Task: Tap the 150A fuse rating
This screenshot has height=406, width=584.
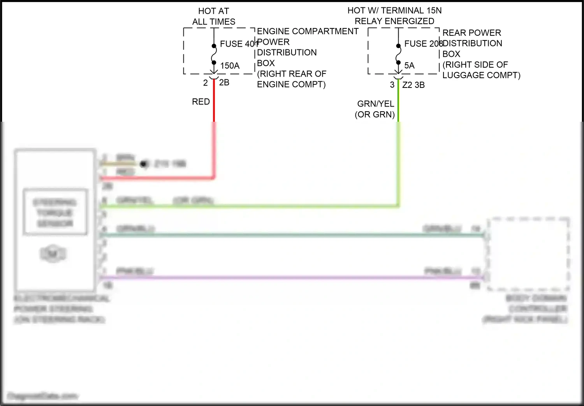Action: point(230,66)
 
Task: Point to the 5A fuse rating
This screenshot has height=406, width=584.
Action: point(409,66)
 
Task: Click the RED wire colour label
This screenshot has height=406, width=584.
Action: point(201,102)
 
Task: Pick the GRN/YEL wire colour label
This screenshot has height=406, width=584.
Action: point(375,104)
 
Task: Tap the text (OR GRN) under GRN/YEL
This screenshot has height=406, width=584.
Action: point(375,115)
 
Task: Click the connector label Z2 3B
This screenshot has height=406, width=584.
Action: point(413,85)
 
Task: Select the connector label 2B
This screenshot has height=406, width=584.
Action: point(224,82)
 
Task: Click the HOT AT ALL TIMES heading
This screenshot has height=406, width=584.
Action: point(214,16)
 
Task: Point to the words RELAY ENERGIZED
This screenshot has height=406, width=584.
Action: point(394,21)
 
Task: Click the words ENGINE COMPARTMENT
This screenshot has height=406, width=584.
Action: point(308,31)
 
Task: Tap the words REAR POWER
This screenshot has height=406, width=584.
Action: point(471,33)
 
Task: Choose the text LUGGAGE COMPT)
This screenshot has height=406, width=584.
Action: point(481,75)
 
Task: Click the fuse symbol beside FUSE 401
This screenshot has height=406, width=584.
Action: point(214,54)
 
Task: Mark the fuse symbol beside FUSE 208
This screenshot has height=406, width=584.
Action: point(398,54)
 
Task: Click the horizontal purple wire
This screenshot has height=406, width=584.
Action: point(292,278)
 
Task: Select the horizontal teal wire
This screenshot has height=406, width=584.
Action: point(292,235)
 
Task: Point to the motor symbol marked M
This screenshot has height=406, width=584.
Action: point(53,254)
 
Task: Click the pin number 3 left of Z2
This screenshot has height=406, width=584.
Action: point(392,85)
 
